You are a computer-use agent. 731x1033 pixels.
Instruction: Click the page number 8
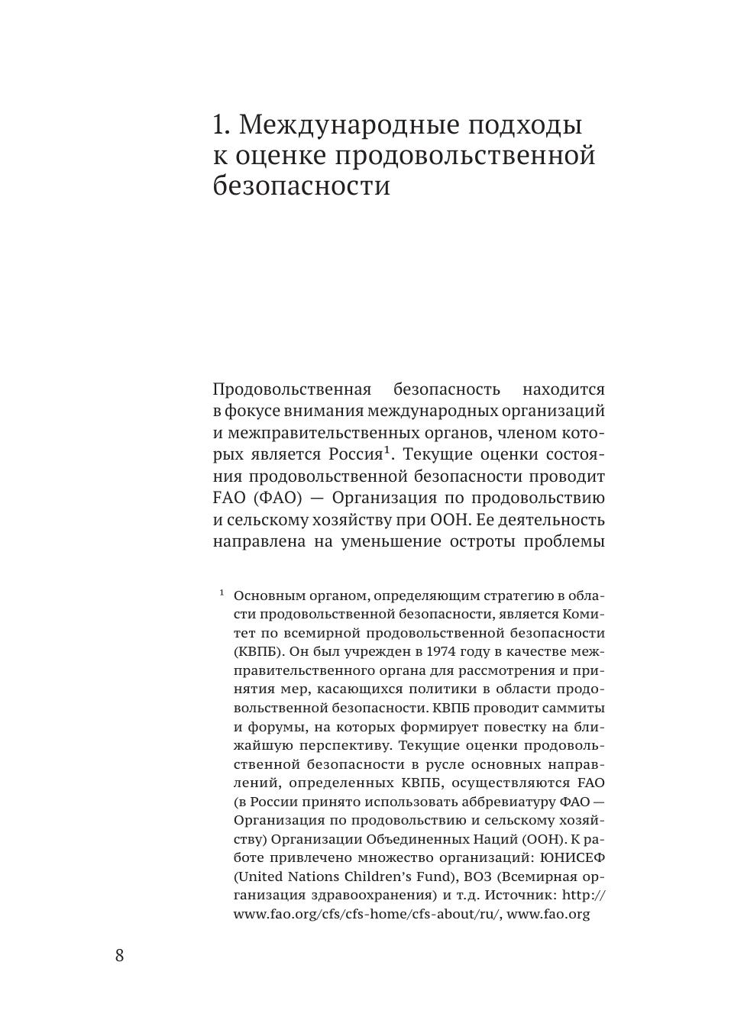pyautogui.click(x=119, y=955)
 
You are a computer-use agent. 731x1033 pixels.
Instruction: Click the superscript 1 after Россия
pyautogui.click(x=387, y=450)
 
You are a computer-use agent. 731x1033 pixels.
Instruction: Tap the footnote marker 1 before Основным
pyautogui.click(x=222, y=593)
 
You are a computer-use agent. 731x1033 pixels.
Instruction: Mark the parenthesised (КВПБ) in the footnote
pyautogui.click(x=259, y=651)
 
